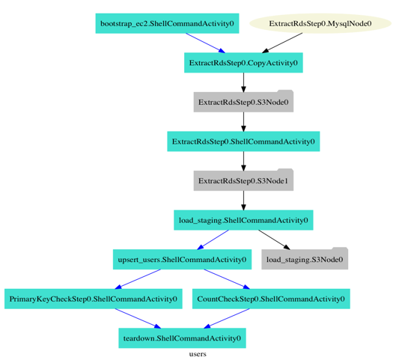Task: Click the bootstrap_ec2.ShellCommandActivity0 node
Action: click(x=167, y=23)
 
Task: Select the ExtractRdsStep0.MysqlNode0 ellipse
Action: click(x=320, y=23)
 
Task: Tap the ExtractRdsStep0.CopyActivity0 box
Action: click(x=243, y=63)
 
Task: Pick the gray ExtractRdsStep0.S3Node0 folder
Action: click(x=243, y=102)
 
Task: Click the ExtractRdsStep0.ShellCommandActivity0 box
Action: click(x=243, y=141)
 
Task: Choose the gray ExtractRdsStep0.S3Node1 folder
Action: click(x=243, y=181)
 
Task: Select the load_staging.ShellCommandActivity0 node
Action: click(x=243, y=221)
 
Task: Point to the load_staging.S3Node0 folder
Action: click(x=305, y=260)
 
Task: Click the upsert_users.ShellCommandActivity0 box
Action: click(x=182, y=260)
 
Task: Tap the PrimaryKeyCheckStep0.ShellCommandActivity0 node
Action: click(x=94, y=299)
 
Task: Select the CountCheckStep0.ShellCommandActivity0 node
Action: click(x=271, y=299)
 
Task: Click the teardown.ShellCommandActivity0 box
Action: click(x=182, y=338)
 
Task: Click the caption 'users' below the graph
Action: click(x=198, y=354)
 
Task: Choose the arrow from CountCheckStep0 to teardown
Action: click(x=228, y=319)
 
